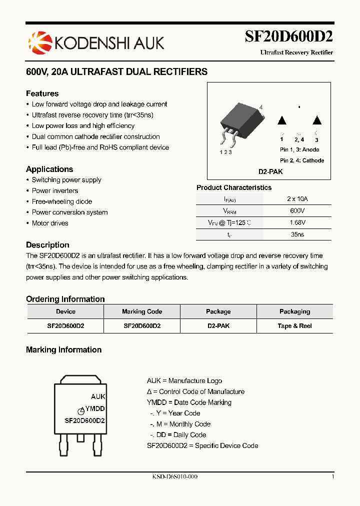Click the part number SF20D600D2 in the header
pyautogui.click(x=288, y=36)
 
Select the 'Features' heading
pyautogui.click(x=42, y=93)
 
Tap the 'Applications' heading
pyautogui.click(x=49, y=169)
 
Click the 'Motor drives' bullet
pyautogui.click(x=50, y=223)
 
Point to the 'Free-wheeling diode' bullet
pyautogui.click(x=61, y=201)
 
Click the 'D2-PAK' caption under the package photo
pyautogui.click(x=270, y=171)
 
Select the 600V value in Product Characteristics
pyautogui.click(x=297, y=211)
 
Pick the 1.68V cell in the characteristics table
pyautogui.click(x=297, y=222)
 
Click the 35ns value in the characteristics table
pyautogui.click(x=297, y=234)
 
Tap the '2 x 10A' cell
pyautogui.click(x=297, y=198)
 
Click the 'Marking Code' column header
pyautogui.click(x=142, y=311)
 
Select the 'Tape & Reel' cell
pyautogui.click(x=294, y=325)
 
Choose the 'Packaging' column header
pyautogui.click(x=294, y=311)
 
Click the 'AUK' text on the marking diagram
pyautogui.click(x=98, y=396)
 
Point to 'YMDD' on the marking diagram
pyautogui.click(x=95, y=408)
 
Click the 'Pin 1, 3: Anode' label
pyautogui.click(x=299, y=149)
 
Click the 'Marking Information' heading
pyautogui.click(x=63, y=350)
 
